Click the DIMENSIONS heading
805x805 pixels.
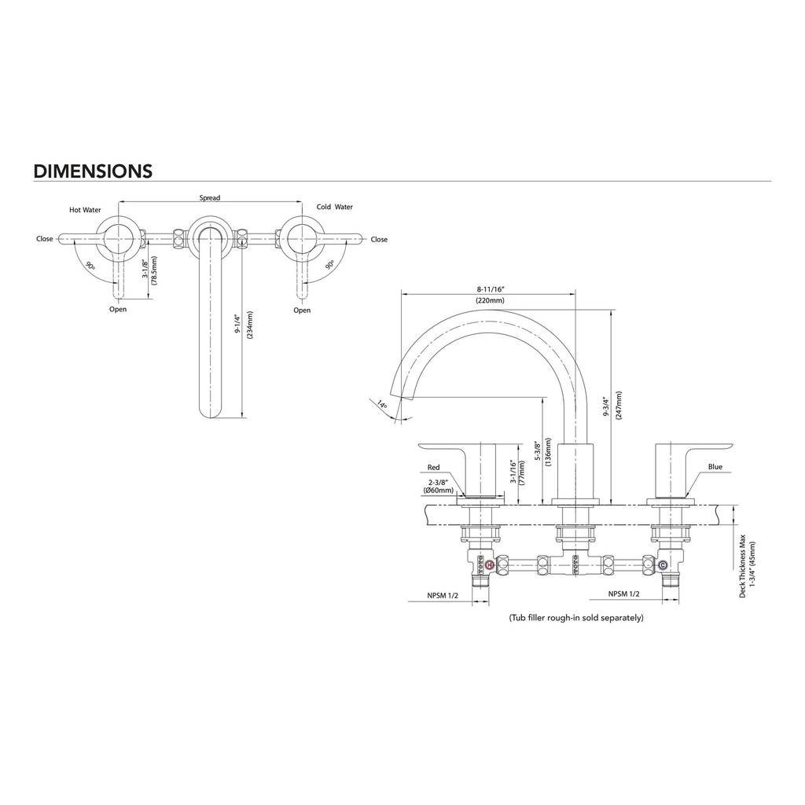pyautogui.click(x=93, y=171)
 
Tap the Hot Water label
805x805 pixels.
pyautogui.click(x=85, y=210)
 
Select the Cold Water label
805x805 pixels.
pyautogui.click(x=335, y=207)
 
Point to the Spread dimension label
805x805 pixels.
pyautogui.click(x=209, y=197)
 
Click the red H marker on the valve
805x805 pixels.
pyautogui.click(x=489, y=564)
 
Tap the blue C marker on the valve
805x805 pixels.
pyautogui.click(x=662, y=564)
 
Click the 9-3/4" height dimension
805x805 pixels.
pyautogui.click(x=606, y=406)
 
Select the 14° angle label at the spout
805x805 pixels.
pyautogui.click(x=381, y=405)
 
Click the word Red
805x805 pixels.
pyautogui.click(x=434, y=467)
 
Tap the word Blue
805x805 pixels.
pyautogui.click(x=715, y=467)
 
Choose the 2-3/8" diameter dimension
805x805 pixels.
pyautogui.click(x=439, y=483)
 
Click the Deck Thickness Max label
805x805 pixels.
pyautogui.click(x=742, y=566)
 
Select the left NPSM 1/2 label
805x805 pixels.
pyautogui.click(x=443, y=595)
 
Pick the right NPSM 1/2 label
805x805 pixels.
pyautogui.click(x=623, y=594)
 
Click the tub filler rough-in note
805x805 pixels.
pyautogui.click(x=576, y=618)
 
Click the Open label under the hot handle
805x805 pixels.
pyautogui.click(x=118, y=310)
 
